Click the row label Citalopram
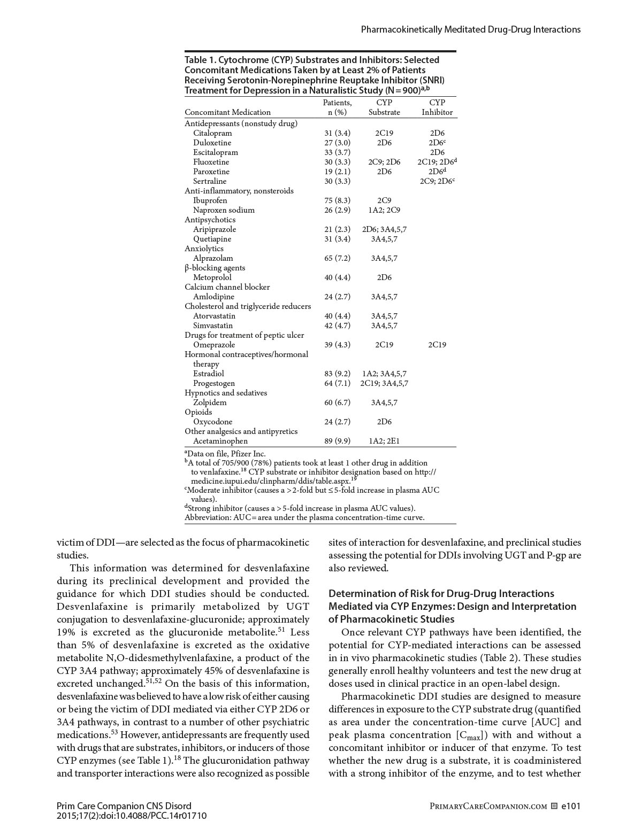(x=212, y=133)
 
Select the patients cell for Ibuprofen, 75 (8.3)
(x=337, y=200)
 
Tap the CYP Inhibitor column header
(x=437, y=107)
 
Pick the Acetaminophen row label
(x=220, y=441)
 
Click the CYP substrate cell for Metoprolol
(x=384, y=277)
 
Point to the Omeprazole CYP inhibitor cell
(x=437, y=345)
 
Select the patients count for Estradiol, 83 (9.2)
(x=337, y=374)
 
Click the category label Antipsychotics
(x=210, y=220)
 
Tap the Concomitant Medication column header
(x=227, y=112)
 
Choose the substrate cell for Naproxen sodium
(x=384, y=210)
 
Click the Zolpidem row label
(x=210, y=402)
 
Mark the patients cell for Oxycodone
(x=337, y=422)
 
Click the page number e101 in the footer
(x=570, y=806)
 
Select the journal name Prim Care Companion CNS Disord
(x=124, y=806)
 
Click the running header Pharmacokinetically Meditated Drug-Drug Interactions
(x=470, y=30)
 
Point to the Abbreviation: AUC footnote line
(x=304, y=517)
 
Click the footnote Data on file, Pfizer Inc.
(x=226, y=454)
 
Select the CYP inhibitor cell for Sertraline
(x=437, y=181)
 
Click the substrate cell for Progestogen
(x=384, y=383)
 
